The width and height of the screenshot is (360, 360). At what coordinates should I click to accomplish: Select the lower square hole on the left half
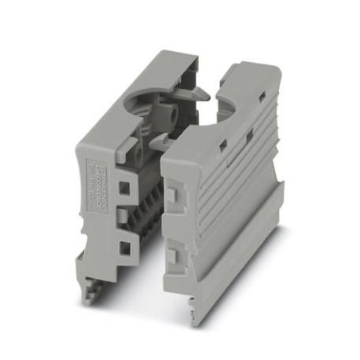tap(124, 250)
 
